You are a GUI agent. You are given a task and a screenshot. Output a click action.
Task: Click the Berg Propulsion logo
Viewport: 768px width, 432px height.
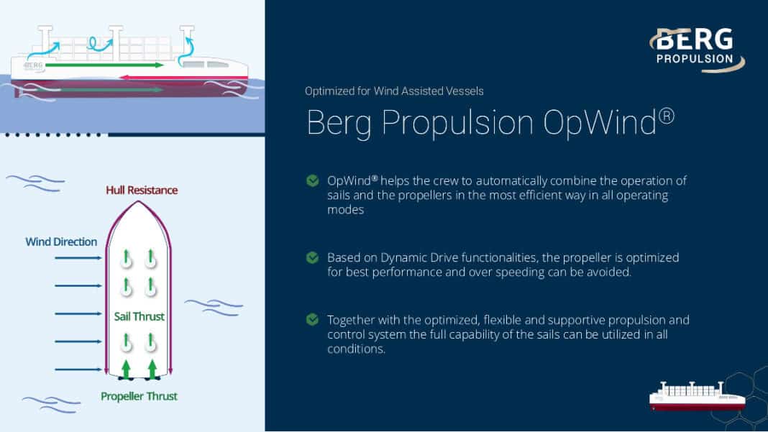point(697,49)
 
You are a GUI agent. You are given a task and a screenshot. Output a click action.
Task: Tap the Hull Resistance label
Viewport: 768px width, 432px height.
point(142,190)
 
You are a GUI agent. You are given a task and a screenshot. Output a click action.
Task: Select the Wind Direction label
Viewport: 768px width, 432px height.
point(61,242)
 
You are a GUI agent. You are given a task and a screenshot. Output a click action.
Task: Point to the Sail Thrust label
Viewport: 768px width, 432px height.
point(139,316)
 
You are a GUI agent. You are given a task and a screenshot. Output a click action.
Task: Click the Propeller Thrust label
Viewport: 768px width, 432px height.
point(139,396)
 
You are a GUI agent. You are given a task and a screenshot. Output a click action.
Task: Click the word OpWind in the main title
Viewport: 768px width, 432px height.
point(600,122)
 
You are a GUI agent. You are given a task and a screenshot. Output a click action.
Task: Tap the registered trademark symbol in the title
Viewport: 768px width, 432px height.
point(666,116)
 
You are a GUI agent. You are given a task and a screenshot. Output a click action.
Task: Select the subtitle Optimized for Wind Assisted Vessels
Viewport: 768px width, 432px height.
point(394,91)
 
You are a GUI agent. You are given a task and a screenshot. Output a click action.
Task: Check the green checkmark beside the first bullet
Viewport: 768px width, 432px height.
point(313,180)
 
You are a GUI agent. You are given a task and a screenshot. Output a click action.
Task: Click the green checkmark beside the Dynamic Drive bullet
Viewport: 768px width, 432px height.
point(313,257)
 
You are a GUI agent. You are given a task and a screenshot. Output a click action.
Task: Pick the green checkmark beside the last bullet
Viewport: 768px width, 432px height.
point(313,320)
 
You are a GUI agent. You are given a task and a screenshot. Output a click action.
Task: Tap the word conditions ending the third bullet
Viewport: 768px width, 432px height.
point(356,349)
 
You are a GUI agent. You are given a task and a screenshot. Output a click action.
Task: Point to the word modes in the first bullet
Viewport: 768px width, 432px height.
point(345,210)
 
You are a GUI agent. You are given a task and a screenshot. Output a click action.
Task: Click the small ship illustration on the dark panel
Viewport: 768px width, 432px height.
point(698,396)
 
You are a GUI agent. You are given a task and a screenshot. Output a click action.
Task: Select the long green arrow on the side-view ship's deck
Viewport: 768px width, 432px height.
point(104,65)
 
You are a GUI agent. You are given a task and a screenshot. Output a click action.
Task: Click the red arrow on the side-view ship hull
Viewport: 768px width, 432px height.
point(183,78)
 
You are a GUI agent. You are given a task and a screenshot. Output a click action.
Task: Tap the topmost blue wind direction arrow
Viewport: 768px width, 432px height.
point(78,257)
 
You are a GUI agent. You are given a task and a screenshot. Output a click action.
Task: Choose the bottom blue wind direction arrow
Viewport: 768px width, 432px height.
point(78,369)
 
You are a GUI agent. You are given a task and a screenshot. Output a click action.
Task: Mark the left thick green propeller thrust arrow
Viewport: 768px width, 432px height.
point(127,369)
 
